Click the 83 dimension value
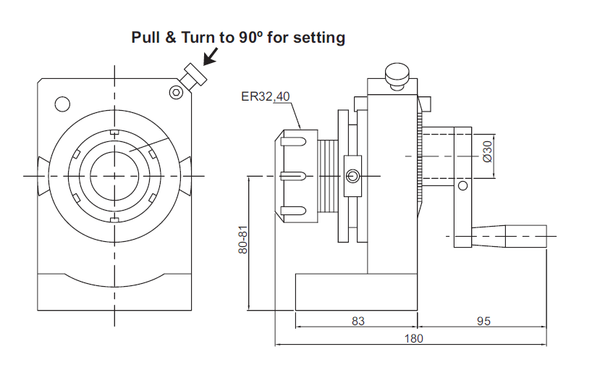pyautogui.click(x=358, y=321)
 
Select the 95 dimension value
pyautogui.click(x=483, y=321)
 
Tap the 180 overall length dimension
pyautogui.click(x=414, y=338)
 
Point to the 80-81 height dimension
pyautogui.click(x=242, y=240)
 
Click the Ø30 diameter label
pyautogui.click(x=488, y=151)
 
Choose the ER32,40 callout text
pyautogui.click(x=266, y=97)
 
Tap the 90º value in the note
pyautogui.click(x=250, y=38)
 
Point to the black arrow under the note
pyautogui.click(x=211, y=56)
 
